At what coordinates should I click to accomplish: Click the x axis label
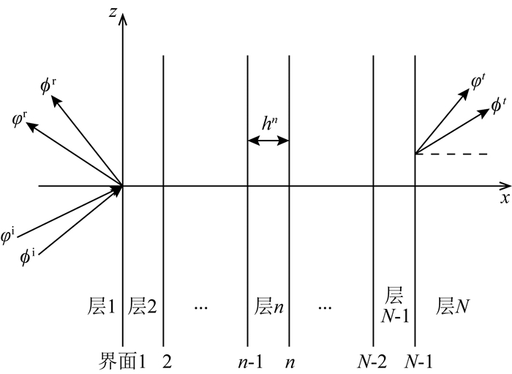point(504,198)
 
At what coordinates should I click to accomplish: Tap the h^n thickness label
point(271,124)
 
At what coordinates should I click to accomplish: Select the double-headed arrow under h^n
point(269,141)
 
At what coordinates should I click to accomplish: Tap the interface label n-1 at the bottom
point(248,361)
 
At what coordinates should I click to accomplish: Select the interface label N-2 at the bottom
point(370,361)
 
